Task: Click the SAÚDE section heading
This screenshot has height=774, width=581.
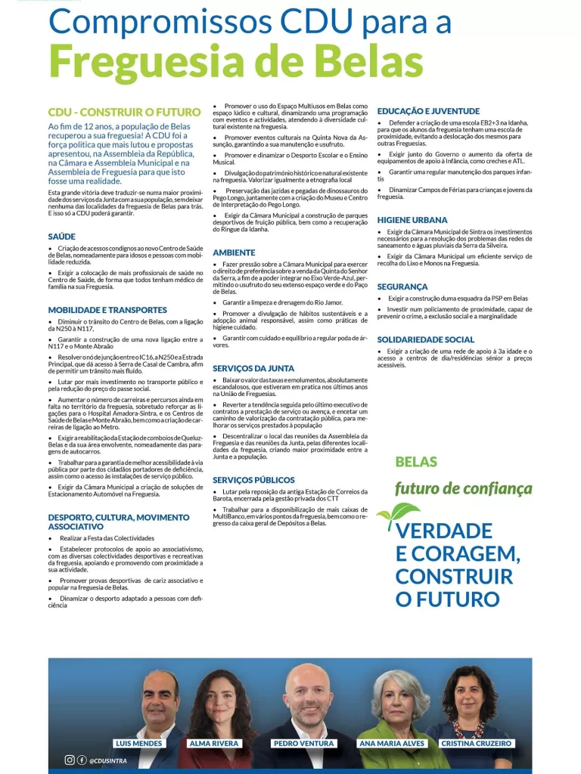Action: pyautogui.click(x=61, y=237)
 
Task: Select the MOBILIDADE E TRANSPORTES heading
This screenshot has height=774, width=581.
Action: pyautogui.click(x=107, y=310)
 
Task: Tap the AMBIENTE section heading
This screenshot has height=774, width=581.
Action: pyautogui.click(x=234, y=252)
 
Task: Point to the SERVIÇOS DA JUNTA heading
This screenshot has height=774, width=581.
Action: pyautogui.click(x=253, y=368)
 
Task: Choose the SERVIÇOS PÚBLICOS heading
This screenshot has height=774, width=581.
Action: pyautogui.click(x=253, y=480)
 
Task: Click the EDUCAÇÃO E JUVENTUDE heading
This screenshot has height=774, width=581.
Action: pyautogui.click(x=428, y=111)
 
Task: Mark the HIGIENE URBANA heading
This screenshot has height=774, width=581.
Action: pyautogui.click(x=412, y=220)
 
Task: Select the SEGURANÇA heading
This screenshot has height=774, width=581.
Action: pyautogui.click(x=402, y=287)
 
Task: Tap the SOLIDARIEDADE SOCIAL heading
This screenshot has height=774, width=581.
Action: pyautogui.click(x=426, y=340)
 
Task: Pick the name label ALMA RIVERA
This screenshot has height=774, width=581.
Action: pyautogui.click(x=214, y=744)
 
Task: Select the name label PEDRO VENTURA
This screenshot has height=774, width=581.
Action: pyautogui.click(x=303, y=744)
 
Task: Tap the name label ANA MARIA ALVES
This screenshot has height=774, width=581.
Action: pyautogui.click(x=393, y=744)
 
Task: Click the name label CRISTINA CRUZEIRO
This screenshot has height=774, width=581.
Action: pyautogui.click(x=476, y=744)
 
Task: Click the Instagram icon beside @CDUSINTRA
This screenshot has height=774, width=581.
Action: pyautogui.click(x=70, y=760)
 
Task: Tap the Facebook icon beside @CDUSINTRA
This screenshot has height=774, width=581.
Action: pyautogui.click(x=81, y=760)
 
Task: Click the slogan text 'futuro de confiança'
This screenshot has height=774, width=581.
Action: pyautogui.click(x=463, y=489)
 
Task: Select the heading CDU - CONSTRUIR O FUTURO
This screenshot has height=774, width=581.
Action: pyautogui.click(x=124, y=112)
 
